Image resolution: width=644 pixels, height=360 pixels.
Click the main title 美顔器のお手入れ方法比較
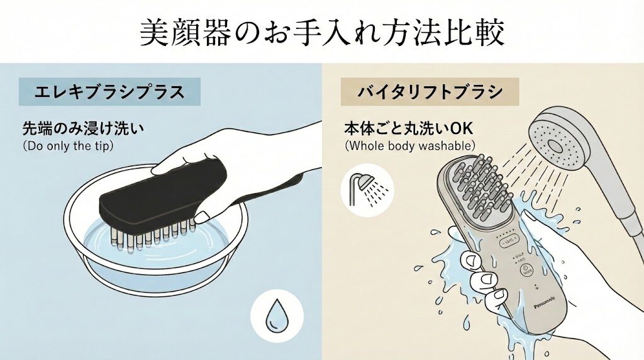coord(321,33)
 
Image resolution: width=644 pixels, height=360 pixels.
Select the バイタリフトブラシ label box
coord(430,92)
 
